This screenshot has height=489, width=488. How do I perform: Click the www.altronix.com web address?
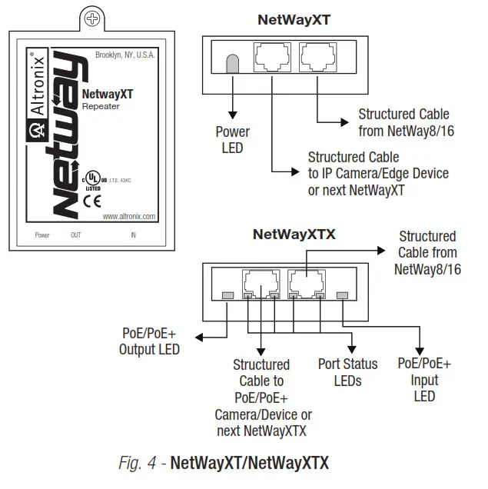pos(128,216)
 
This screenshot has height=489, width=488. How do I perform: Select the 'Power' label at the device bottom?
pos(42,235)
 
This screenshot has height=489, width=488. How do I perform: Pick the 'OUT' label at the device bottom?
pos(75,235)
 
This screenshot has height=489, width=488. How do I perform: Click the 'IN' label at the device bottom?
pos(133,235)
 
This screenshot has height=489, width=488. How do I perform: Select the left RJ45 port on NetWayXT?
pos(271,57)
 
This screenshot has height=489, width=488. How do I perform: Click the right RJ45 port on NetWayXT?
pos(317,57)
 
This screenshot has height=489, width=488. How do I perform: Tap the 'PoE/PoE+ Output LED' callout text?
pos(149,342)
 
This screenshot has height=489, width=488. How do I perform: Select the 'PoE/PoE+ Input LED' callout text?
pos(424,380)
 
